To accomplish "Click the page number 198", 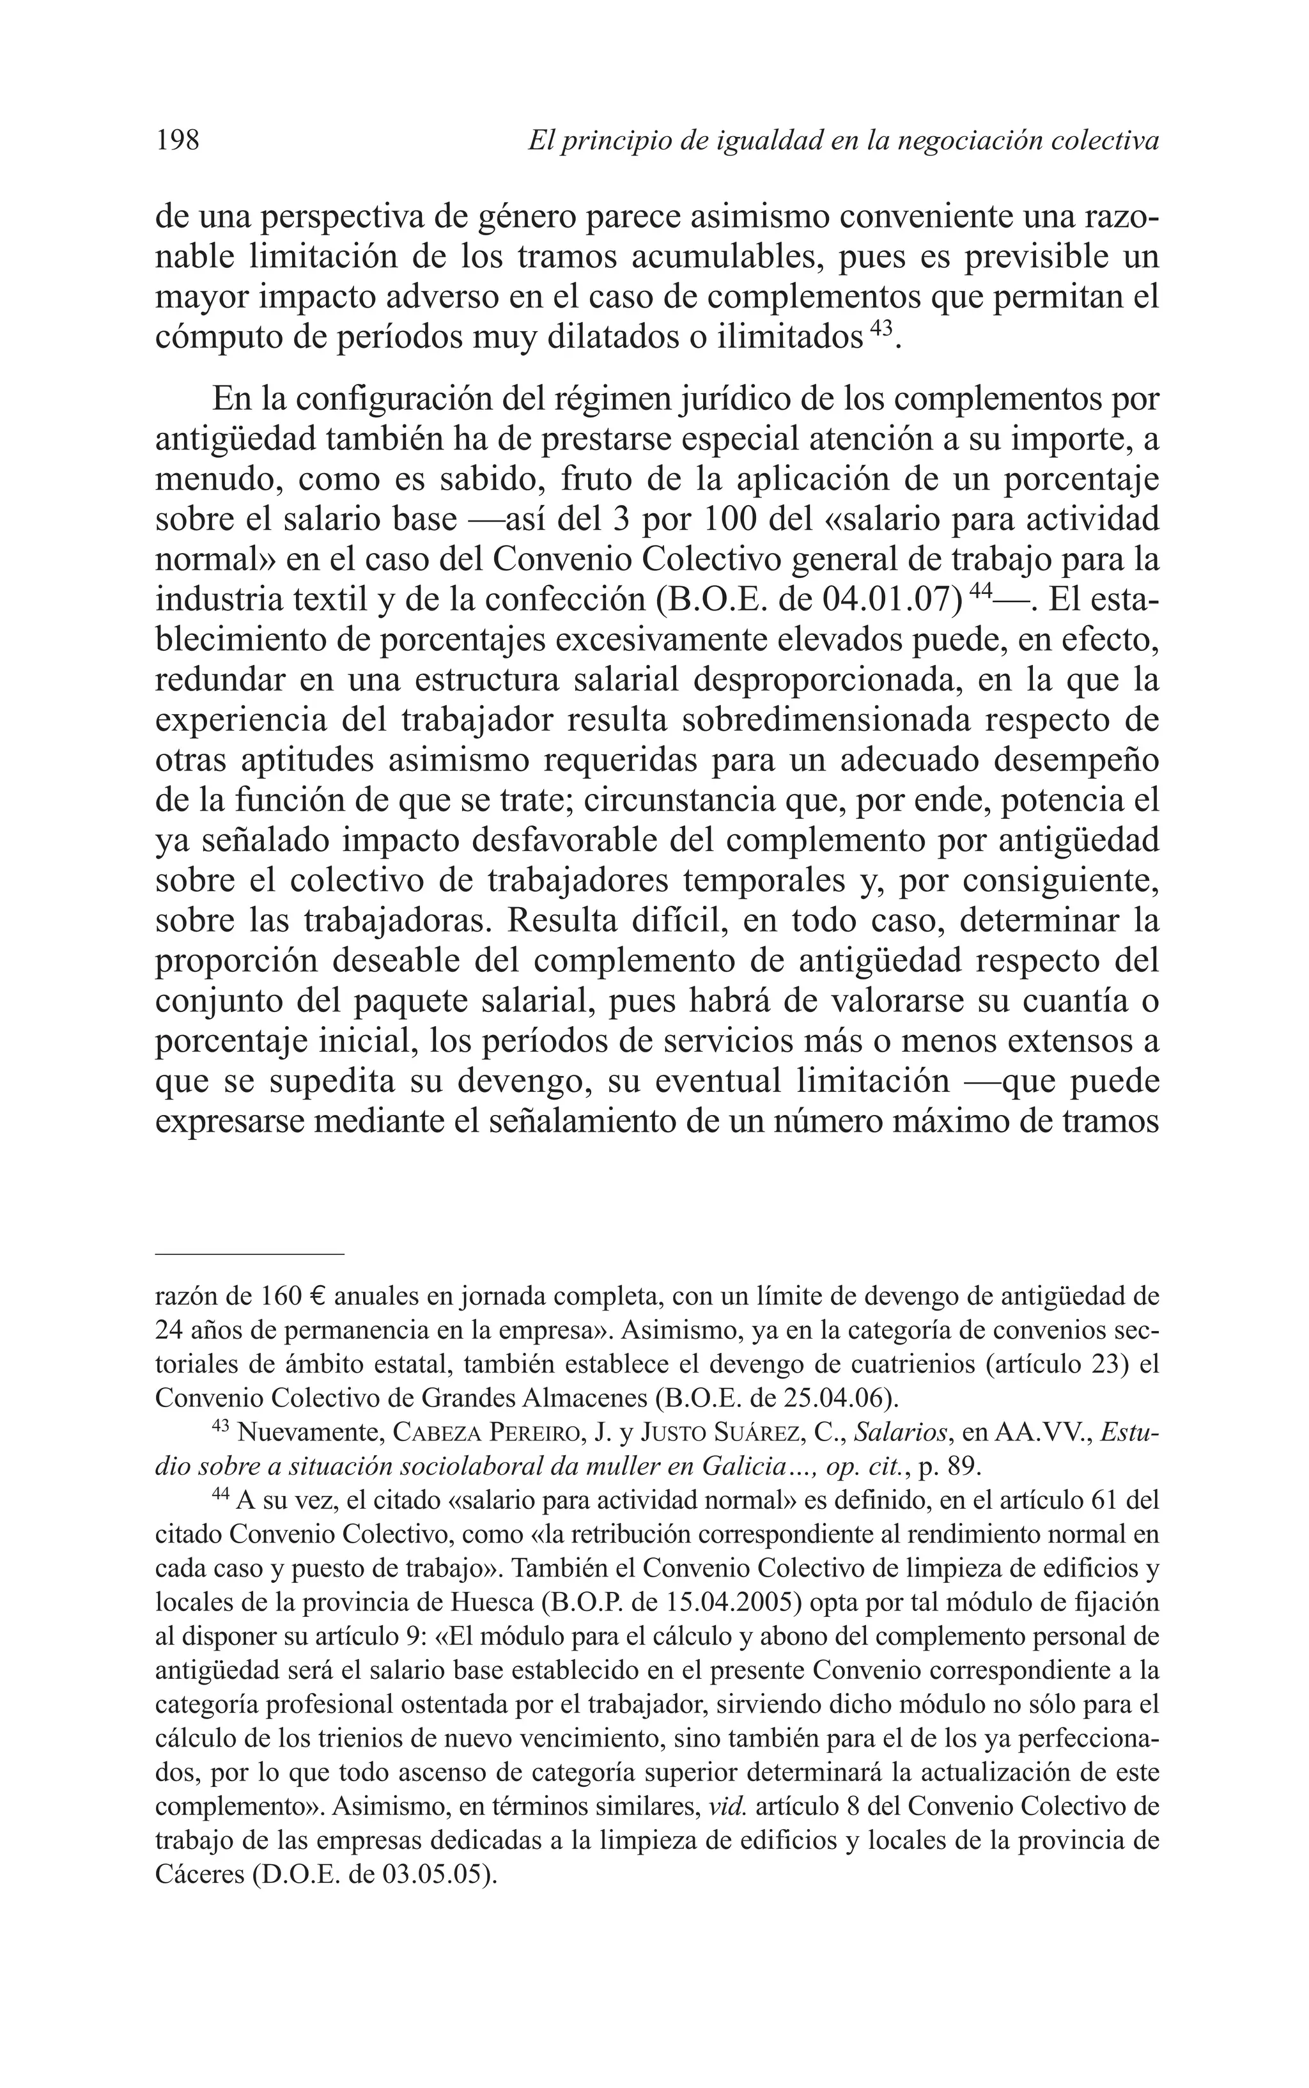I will coord(178,139).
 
